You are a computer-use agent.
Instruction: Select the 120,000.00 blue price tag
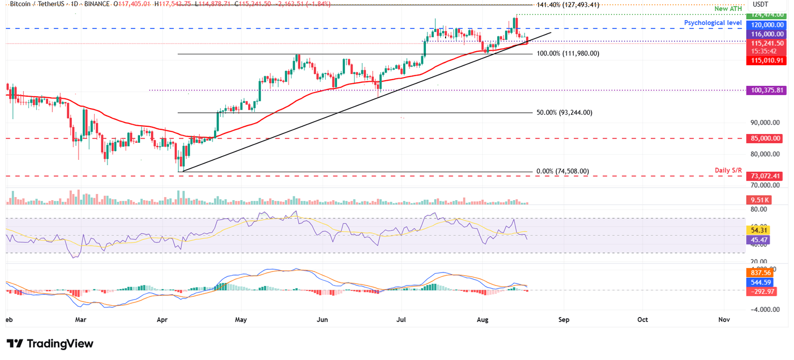click(x=764, y=24)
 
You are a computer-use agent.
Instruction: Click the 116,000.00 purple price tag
click(x=764, y=34)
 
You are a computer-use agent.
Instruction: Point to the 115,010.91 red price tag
click(x=764, y=61)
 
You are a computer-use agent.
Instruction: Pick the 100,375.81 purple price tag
click(x=764, y=90)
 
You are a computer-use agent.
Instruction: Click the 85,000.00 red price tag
click(x=764, y=139)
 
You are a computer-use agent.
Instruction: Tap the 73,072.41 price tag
click(x=764, y=176)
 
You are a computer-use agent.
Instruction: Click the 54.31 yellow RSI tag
click(x=758, y=230)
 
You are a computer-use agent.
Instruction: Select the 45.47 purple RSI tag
click(x=758, y=240)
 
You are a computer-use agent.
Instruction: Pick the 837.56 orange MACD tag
click(x=758, y=273)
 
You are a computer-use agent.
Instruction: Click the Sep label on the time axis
click(x=563, y=320)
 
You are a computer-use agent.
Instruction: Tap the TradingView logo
click(x=50, y=343)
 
